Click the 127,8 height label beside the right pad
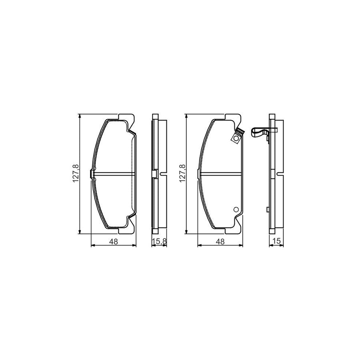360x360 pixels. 182,174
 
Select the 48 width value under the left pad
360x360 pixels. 113,241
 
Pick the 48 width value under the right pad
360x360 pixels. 220,241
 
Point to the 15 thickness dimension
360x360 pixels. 276,241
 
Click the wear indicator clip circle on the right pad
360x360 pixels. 236,139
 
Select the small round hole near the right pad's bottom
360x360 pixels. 236,210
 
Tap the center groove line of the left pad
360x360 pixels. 114,174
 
